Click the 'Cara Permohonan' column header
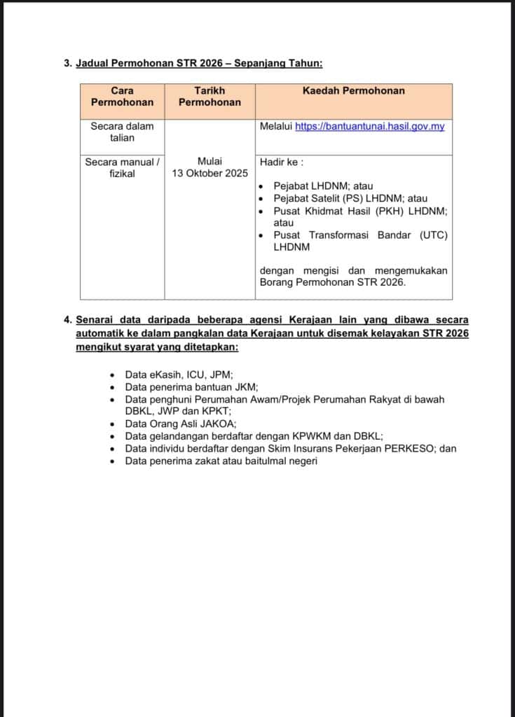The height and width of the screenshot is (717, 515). (x=122, y=97)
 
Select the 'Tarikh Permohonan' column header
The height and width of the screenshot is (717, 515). (x=210, y=97)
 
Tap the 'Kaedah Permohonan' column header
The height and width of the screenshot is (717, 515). (x=353, y=91)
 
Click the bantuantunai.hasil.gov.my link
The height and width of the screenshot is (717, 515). (x=369, y=127)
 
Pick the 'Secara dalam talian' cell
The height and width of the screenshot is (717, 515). (x=122, y=132)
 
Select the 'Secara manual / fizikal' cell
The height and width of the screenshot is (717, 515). (x=122, y=167)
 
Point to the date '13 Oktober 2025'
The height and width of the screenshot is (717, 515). (x=210, y=174)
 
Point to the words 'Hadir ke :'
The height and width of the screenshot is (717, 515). (x=281, y=162)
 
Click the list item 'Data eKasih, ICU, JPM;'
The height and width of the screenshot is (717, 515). (x=179, y=375)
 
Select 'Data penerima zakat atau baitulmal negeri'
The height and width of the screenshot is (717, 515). (x=221, y=461)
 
